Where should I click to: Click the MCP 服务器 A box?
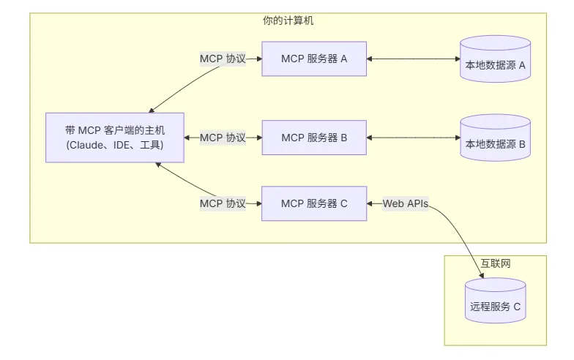[x=314, y=59]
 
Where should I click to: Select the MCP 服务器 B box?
[x=314, y=138]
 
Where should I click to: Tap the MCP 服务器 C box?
[x=314, y=203]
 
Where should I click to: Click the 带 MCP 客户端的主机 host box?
[x=114, y=138]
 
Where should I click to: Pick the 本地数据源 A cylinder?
[x=495, y=59]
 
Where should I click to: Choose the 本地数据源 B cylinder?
[x=495, y=138]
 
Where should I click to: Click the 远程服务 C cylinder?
[x=495, y=301]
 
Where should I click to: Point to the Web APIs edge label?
[x=406, y=203]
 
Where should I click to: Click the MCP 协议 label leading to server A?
[x=223, y=59]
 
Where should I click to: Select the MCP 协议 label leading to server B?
[x=223, y=138]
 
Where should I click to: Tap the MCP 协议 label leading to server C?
[x=223, y=203]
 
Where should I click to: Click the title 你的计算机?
[x=288, y=20]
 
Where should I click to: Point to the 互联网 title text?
[x=495, y=263]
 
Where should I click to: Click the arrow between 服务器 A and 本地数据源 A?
[x=413, y=59]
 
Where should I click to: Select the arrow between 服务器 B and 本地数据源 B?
[x=413, y=138]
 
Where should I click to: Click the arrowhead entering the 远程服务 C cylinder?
[x=482, y=276]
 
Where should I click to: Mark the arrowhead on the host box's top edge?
[x=151, y=110]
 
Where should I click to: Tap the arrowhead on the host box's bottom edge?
[x=158, y=165]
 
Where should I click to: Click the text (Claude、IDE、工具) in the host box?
[x=114, y=145]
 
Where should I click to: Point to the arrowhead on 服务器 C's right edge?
[x=369, y=203]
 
